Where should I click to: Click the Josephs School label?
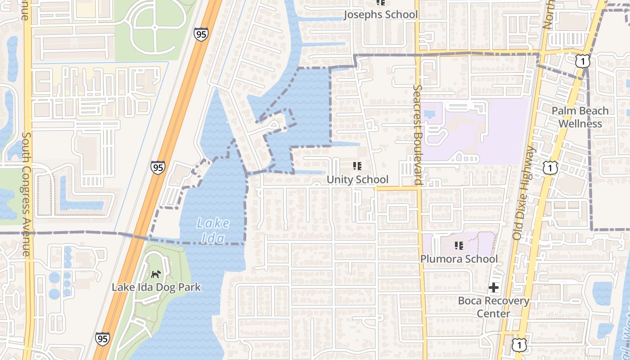coord(381,14)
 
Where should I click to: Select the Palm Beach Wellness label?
coord(580,117)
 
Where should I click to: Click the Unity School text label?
coord(357,180)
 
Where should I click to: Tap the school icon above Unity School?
coord(357,166)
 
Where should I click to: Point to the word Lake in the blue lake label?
coord(213,223)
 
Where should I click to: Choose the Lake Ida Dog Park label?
coord(156,287)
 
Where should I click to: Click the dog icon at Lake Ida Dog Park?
coord(156,274)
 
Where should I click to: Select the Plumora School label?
coord(459,259)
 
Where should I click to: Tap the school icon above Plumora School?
coord(459,246)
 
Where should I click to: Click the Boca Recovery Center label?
coord(494,307)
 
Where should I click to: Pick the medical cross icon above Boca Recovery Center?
coord(494,288)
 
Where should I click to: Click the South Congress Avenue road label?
coord(26,193)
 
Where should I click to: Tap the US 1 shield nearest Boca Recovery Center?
coord(519,345)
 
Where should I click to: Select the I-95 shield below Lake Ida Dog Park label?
coord(103,339)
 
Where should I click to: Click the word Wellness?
coord(580,124)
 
